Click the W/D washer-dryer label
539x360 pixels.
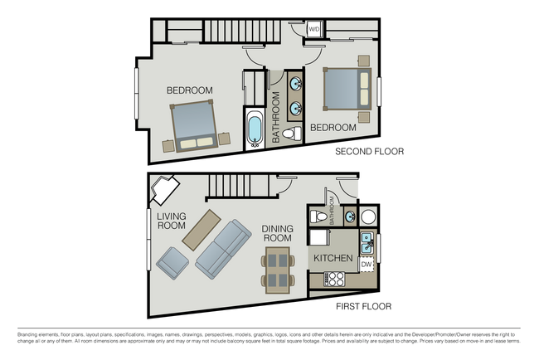pos(314,30)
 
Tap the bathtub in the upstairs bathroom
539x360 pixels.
pos(255,129)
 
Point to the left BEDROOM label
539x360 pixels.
pos(189,90)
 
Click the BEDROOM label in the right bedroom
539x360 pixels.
pos(333,128)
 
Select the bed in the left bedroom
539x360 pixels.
pos(196,124)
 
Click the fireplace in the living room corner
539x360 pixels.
pos(163,190)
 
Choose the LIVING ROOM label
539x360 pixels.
pos(171,220)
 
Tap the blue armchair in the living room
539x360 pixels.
pos(172,262)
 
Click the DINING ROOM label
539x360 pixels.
pos(277,233)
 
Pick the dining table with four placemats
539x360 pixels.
pos(279,272)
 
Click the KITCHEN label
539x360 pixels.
pos(334,259)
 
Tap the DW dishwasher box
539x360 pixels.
pos(367,265)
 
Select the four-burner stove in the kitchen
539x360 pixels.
pos(335,279)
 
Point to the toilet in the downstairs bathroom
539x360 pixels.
pos(315,217)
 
